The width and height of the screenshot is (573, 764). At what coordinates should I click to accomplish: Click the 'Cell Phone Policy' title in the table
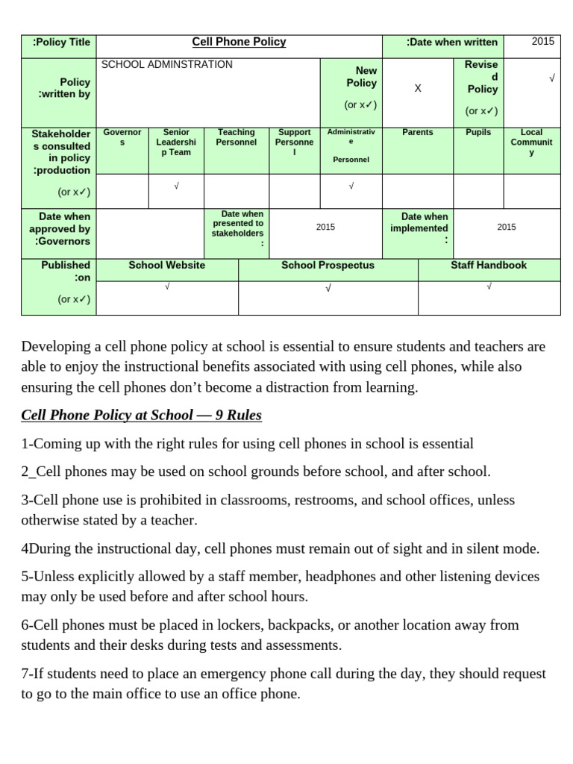point(239,43)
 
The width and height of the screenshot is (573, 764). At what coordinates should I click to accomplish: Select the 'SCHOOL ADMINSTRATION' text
point(166,65)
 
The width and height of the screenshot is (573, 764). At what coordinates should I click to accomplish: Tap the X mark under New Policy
point(418,89)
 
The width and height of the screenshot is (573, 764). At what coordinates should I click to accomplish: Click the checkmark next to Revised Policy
point(551,78)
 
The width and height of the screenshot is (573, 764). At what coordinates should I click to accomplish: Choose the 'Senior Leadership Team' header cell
point(176,143)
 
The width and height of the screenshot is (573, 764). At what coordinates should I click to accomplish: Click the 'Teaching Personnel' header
point(236,137)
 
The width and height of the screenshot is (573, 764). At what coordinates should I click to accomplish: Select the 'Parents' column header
point(417,133)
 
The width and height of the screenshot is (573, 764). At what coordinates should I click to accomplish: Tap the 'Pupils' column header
point(478,133)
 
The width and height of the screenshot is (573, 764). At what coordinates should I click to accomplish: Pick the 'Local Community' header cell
point(531,143)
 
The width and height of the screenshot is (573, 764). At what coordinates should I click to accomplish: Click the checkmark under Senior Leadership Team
point(176,187)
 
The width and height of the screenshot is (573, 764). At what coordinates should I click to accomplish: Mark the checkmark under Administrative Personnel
point(351,187)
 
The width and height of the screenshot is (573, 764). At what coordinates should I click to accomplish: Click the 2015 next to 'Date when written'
point(542,42)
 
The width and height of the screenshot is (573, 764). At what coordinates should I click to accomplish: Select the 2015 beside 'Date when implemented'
point(506,228)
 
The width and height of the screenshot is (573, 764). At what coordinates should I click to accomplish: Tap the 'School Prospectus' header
point(328,266)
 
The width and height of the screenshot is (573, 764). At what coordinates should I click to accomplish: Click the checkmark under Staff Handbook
point(489,286)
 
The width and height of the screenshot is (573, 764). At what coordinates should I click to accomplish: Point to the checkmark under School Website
point(167,286)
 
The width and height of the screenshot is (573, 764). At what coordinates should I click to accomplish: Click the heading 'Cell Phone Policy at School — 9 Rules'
point(141,416)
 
